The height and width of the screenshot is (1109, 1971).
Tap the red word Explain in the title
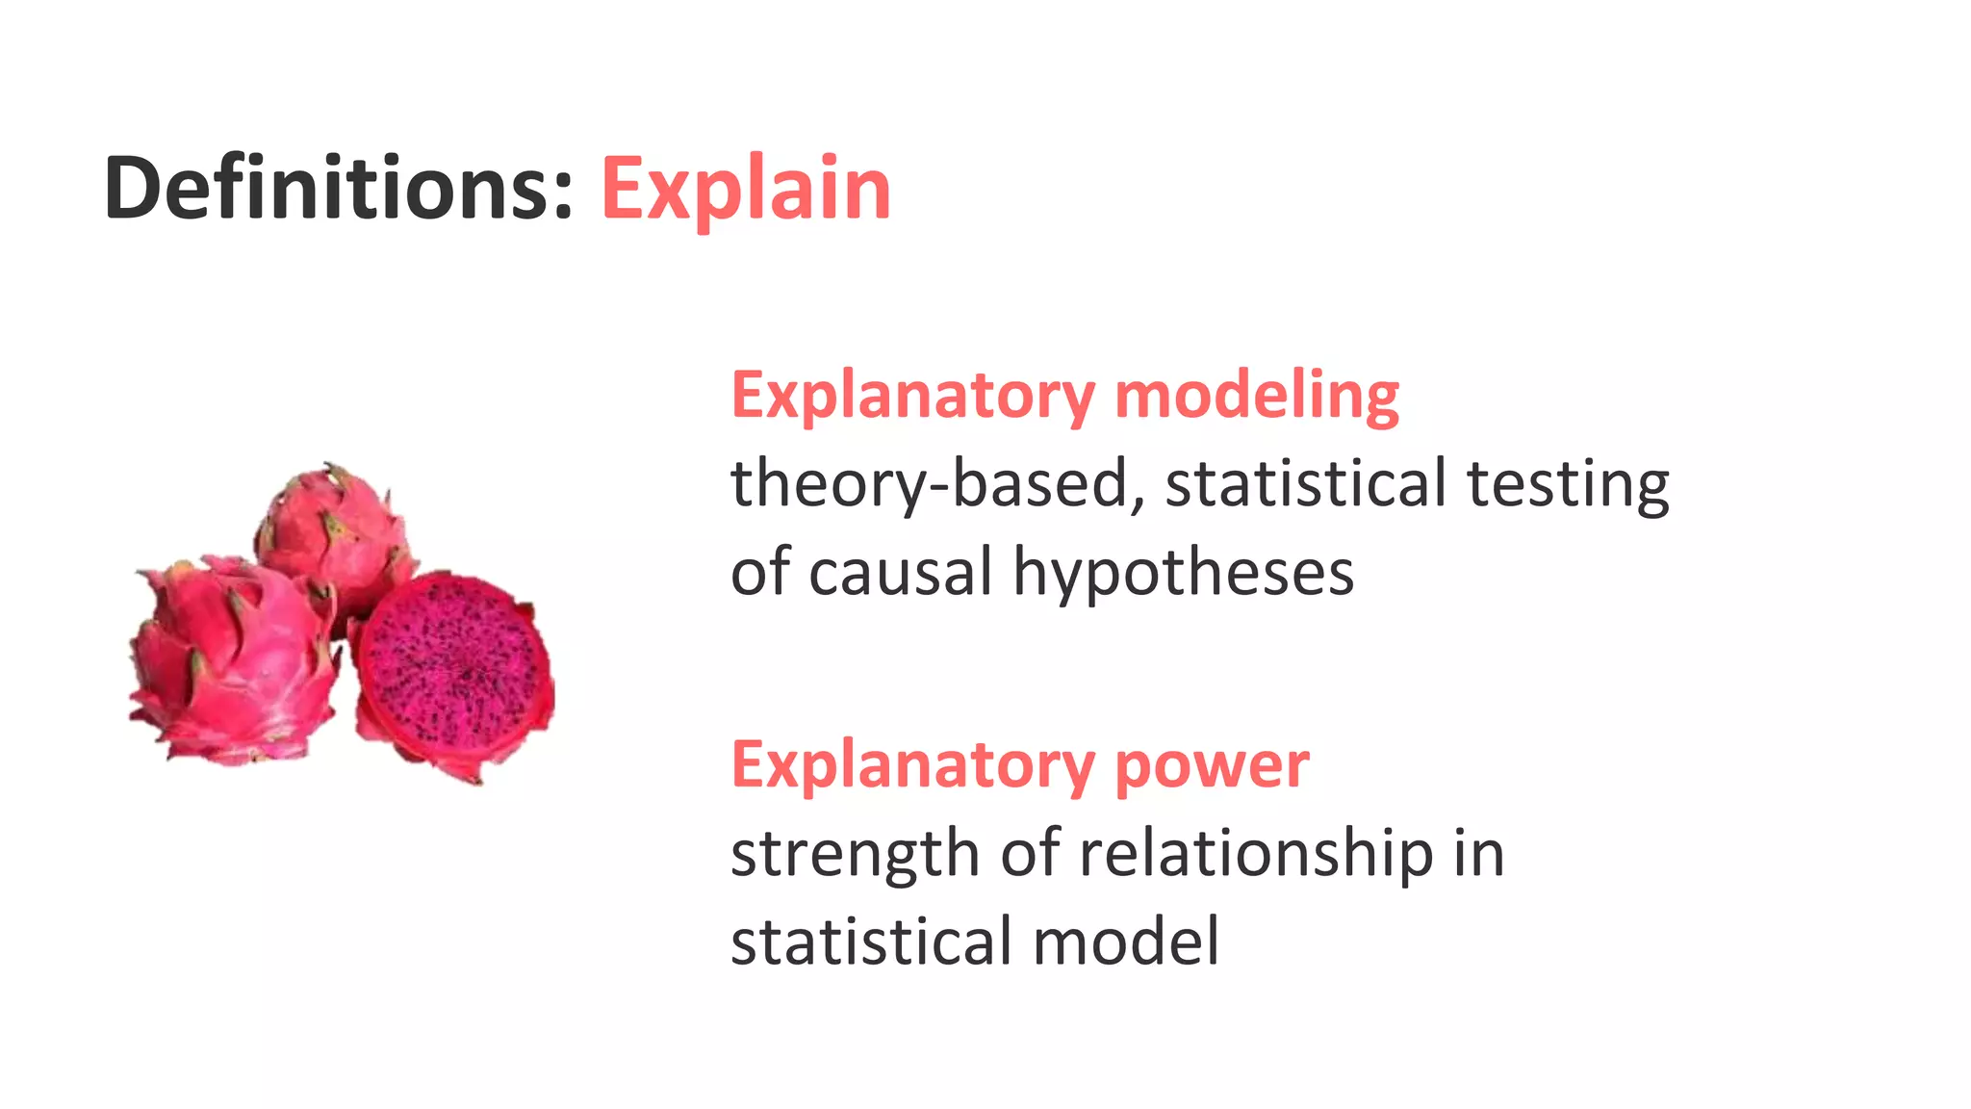pyautogui.click(x=746, y=189)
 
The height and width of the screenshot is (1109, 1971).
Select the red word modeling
pyautogui.click(x=1256, y=396)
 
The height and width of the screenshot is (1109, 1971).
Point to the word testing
pyautogui.click(x=1568, y=483)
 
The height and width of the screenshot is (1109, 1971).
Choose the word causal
pyautogui.click(x=900, y=572)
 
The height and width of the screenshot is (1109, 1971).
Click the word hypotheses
pyautogui.click(x=1183, y=572)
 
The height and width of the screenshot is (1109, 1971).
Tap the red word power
pyautogui.click(x=1212, y=765)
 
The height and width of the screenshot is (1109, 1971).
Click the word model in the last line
pyautogui.click(x=1125, y=941)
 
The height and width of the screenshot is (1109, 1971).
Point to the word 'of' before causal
pyautogui.click(x=759, y=572)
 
